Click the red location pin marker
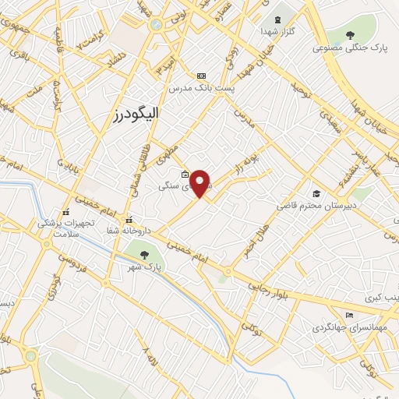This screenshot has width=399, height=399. click(200, 183)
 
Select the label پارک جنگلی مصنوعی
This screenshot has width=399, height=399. click(351, 48)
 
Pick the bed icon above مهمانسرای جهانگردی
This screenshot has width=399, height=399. click(348, 314)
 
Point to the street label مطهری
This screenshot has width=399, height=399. click(170, 141)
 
